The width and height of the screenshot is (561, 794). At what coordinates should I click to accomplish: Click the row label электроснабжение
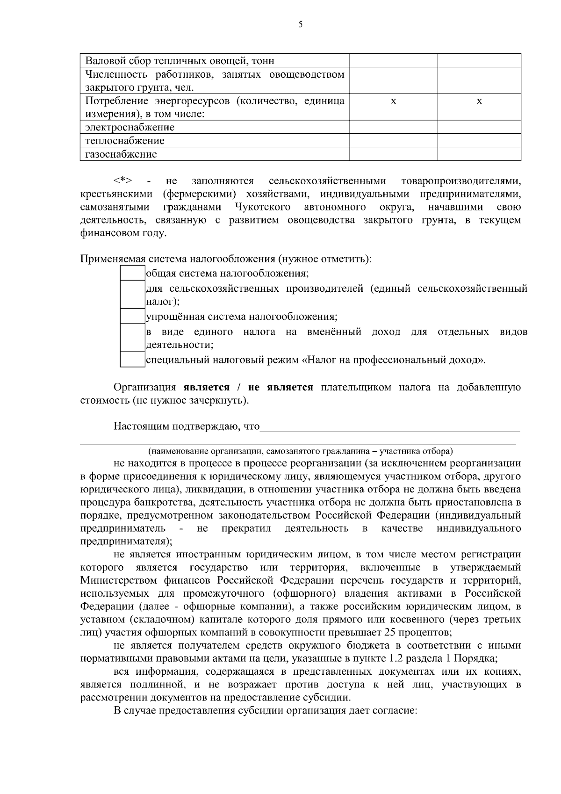pos(130,128)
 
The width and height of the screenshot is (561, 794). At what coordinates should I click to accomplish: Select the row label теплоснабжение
pos(125,141)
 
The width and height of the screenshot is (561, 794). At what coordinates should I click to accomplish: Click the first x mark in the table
pos(394,101)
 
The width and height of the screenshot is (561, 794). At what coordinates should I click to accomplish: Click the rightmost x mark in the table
pos(479,101)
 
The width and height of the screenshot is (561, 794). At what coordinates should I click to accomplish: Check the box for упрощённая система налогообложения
pos(132,317)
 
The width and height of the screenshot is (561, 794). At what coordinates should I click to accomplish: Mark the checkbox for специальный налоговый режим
pos(132,360)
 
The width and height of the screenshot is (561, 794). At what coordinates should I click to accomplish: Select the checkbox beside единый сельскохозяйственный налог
pos(132,295)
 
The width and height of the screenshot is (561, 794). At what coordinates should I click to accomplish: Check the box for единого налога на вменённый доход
pos(132,338)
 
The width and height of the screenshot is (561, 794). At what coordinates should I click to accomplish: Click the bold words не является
pos(280,388)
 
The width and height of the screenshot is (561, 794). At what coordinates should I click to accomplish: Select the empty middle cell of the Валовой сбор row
pos(394,61)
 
